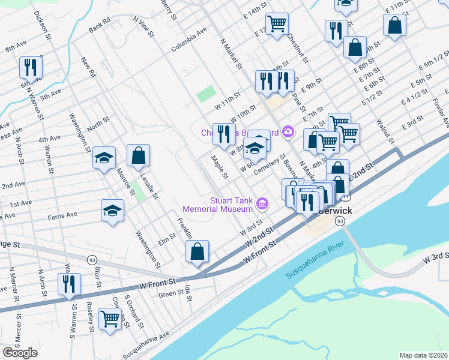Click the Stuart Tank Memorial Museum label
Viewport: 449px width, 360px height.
[218, 205]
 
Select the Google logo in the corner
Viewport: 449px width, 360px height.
[20, 352]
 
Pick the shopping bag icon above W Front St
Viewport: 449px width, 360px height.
[197, 251]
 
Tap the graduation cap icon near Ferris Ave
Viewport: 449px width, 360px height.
[112, 211]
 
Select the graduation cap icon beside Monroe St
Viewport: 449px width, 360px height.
[104, 158]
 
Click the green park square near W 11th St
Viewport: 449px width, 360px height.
[206, 94]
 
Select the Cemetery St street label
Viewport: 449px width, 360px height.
[270, 164]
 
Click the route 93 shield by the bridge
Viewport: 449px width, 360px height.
[340, 221]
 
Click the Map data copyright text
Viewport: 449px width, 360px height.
[423, 355]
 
